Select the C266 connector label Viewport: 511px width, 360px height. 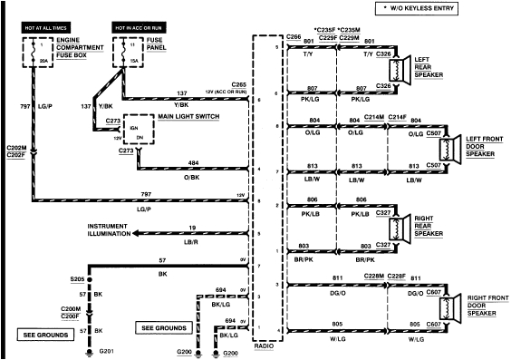pos(292,37)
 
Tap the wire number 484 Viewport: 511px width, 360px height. pos(193,162)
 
